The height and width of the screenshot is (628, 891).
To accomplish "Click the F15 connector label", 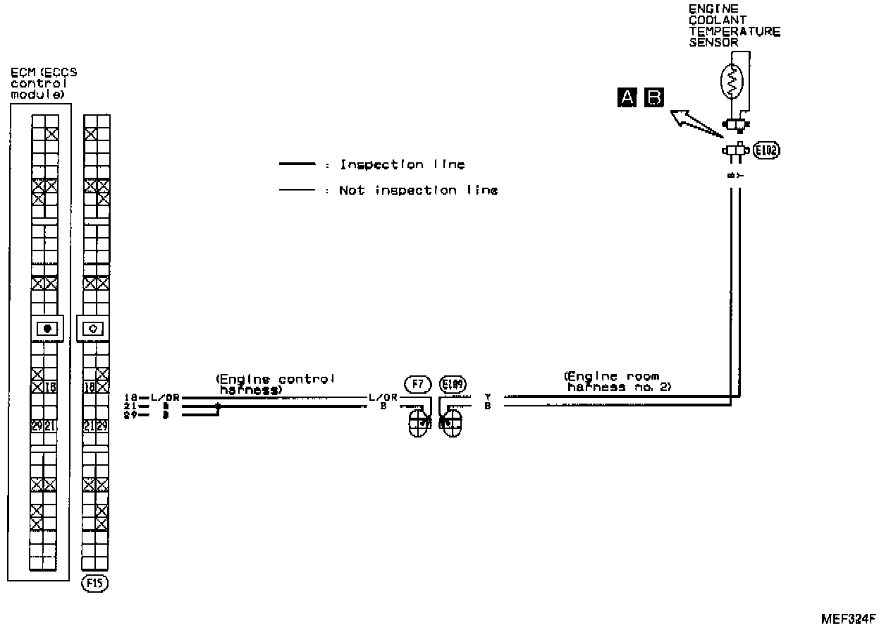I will (96, 584).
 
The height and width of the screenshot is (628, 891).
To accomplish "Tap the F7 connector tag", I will (417, 384).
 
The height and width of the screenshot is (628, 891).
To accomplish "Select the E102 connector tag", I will (766, 150).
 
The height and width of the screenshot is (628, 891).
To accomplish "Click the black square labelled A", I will (626, 97).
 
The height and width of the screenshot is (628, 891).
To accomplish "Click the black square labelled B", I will (655, 97).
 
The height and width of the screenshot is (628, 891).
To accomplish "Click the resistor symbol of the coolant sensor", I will (732, 82).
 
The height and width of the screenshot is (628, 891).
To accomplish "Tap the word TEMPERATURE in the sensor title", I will (735, 32).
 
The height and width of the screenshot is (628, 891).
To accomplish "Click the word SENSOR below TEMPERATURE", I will (713, 42).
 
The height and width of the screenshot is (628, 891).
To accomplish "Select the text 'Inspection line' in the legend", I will (403, 164).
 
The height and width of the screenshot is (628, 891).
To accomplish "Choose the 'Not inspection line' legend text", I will (418, 190).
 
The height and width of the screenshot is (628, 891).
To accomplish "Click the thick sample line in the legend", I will (297, 164).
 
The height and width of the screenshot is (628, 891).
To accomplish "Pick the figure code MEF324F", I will (848, 619).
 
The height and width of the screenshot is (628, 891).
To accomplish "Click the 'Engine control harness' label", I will (276, 384).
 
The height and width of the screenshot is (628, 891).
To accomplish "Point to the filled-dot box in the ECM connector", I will (47, 328).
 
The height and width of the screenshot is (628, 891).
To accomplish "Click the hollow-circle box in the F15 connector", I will (94, 328).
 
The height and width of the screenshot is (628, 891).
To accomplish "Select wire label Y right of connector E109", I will (487, 397).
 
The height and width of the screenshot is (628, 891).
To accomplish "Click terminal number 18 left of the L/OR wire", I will (129, 397).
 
